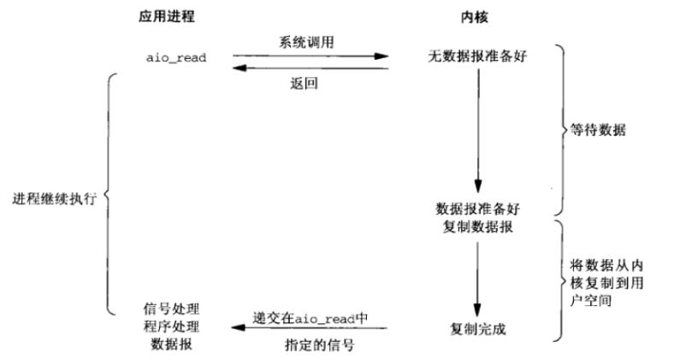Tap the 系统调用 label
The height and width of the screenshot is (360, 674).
[304, 42]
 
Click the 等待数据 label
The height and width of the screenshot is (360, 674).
[599, 130]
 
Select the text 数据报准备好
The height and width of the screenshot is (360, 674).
[476, 208]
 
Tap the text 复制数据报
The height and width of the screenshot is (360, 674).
[476, 227]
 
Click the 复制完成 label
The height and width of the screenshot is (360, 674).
[476, 328]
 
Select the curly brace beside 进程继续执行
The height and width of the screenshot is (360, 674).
[107, 194]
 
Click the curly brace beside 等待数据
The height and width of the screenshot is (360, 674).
[561, 130]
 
